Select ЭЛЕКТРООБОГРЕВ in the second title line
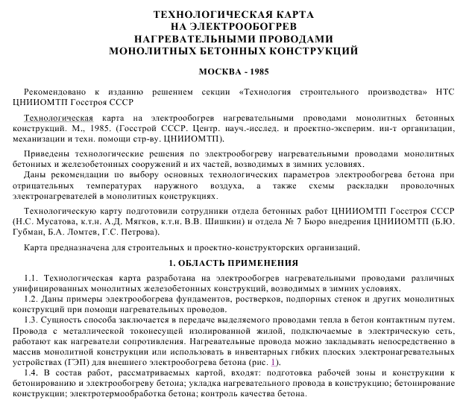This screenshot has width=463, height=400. tap(242, 26)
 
